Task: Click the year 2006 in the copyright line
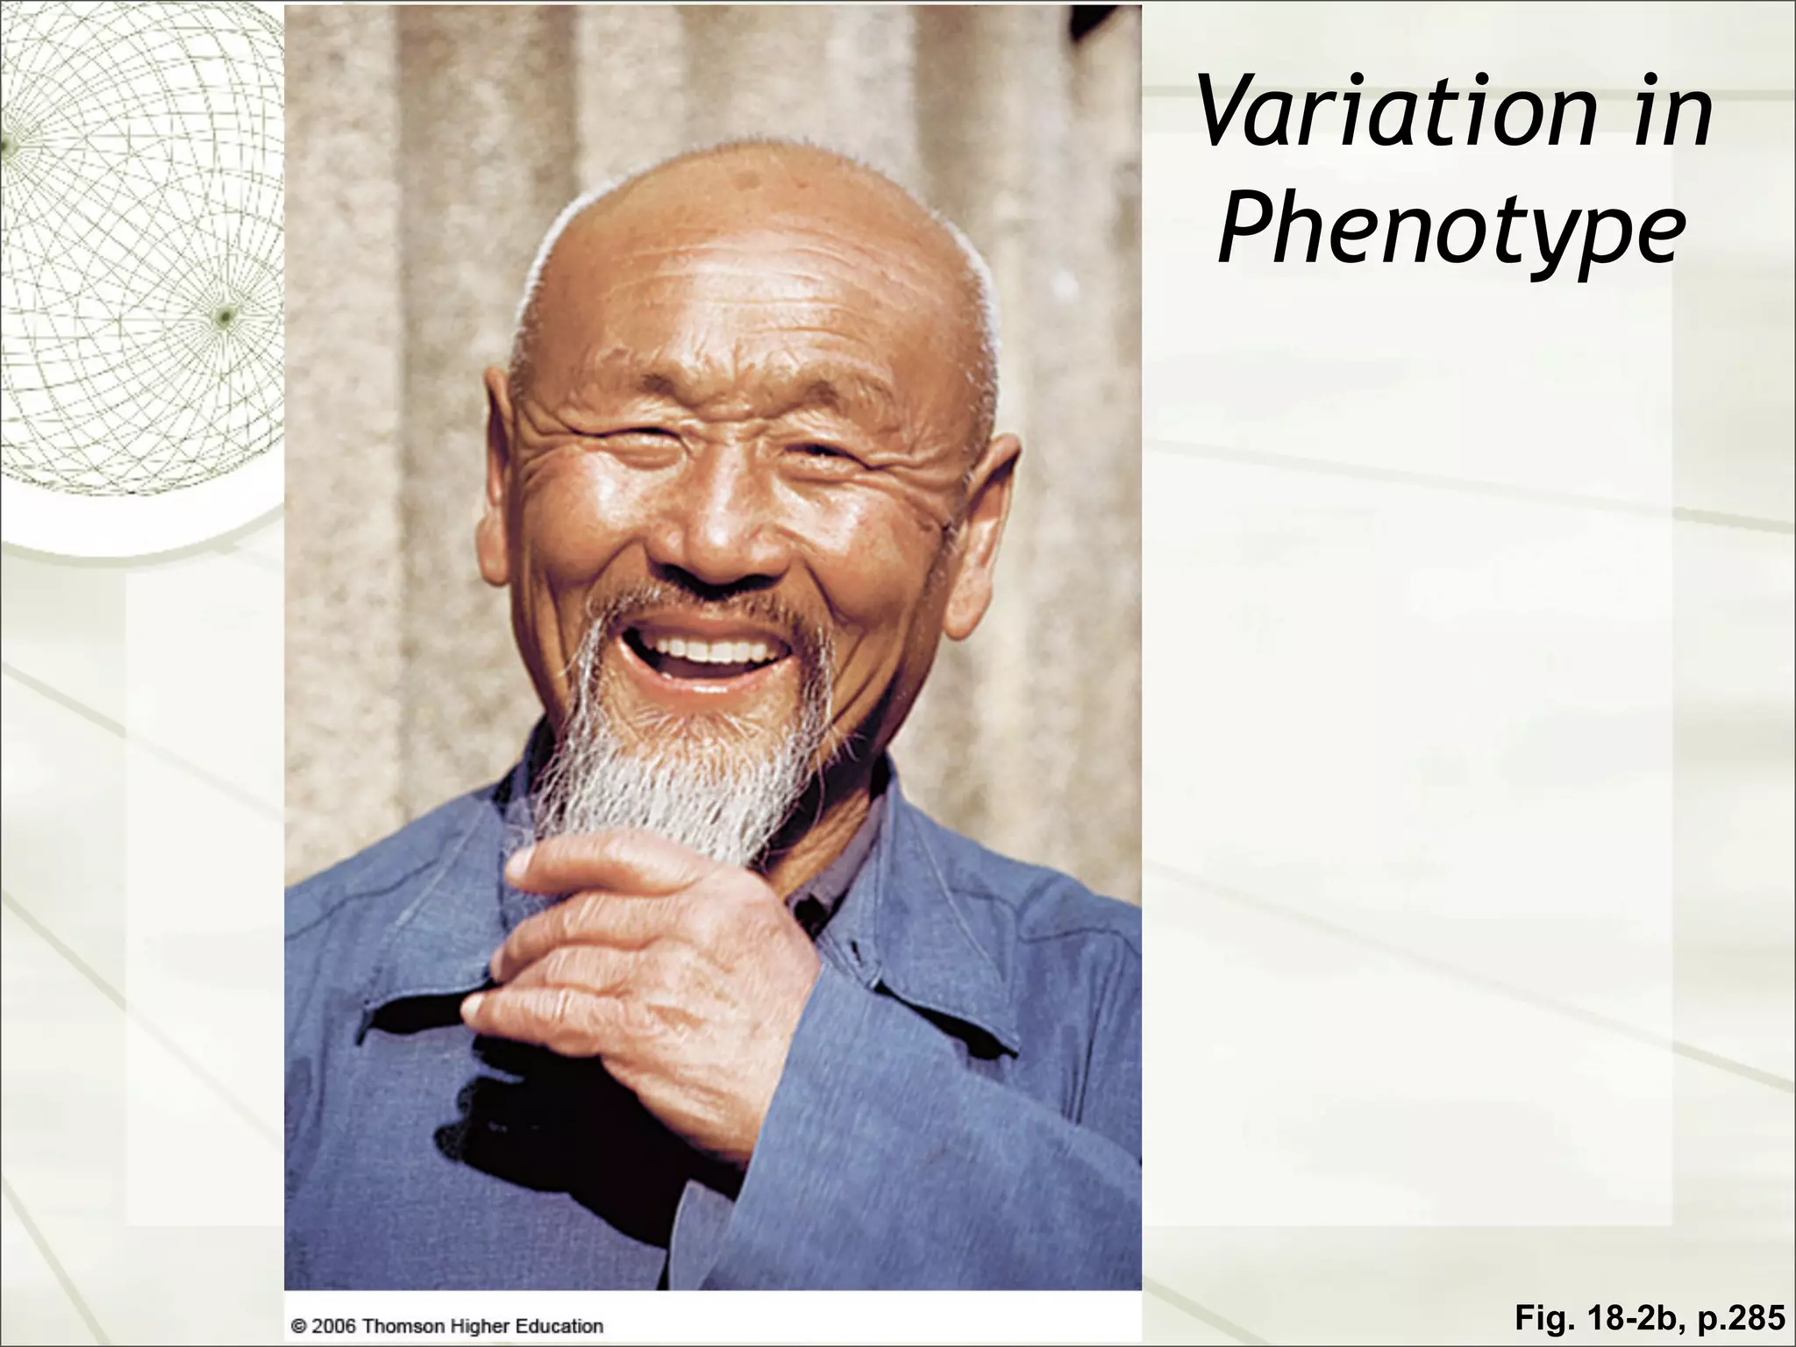click(334, 1326)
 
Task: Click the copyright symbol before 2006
click(298, 1326)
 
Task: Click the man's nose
click(719, 535)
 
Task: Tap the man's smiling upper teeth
click(710, 650)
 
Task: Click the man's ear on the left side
click(495, 491)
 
